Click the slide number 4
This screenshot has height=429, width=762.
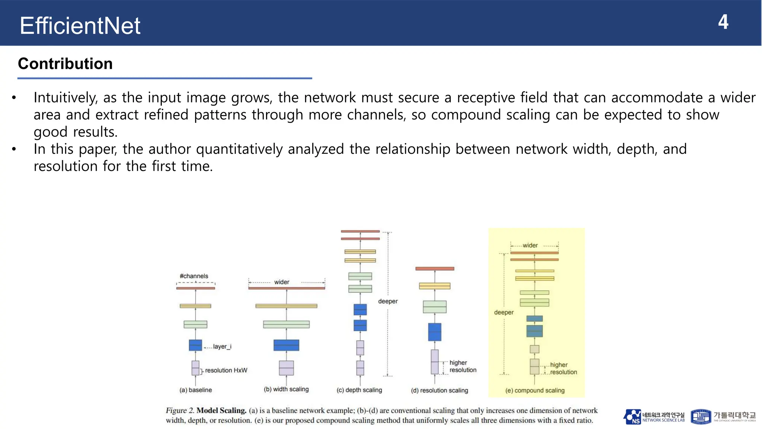tap(723, 22)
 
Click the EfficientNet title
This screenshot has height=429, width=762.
tap(80, 26)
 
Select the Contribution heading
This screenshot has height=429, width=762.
tap(65, 64)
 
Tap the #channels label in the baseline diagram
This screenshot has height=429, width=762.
tap(194, 276)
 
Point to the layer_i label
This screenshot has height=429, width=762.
tap(222, 346)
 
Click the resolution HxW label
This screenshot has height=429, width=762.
tap(226, 370)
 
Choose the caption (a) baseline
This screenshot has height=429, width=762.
tap(196, 390)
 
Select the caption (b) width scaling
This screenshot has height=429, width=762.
tap(286, 389)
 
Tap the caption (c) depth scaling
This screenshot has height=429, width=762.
tap(359, 390)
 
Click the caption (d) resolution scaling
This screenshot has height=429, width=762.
tap(439, 390)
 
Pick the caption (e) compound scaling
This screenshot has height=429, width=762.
tap(535, 390)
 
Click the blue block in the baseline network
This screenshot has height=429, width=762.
tap(195, 345)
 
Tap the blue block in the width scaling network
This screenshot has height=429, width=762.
tap(286, 345)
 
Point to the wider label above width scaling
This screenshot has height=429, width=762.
tap(282, 282)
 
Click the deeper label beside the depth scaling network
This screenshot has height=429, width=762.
tap(388, 301)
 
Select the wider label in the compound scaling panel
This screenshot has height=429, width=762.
tap(530, 245)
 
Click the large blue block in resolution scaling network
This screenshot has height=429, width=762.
tap(435, 332)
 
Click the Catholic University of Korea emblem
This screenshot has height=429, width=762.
tap(701, 417)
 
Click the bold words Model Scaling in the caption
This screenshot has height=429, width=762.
tap(221, 410)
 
